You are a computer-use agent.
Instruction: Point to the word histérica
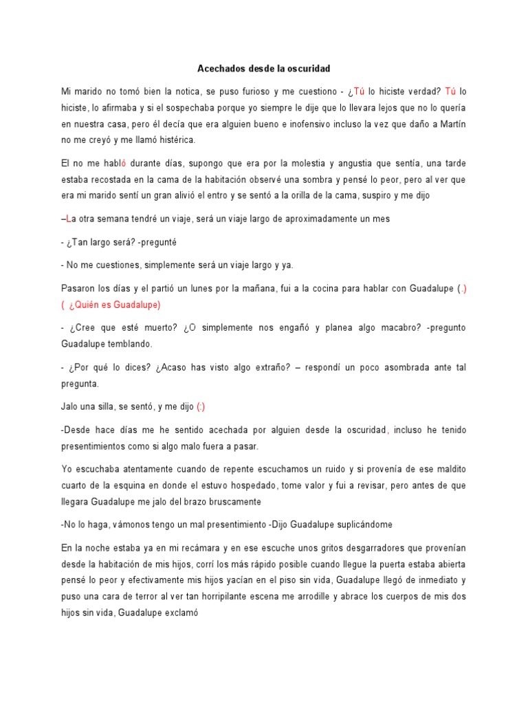[x=177, y=141]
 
